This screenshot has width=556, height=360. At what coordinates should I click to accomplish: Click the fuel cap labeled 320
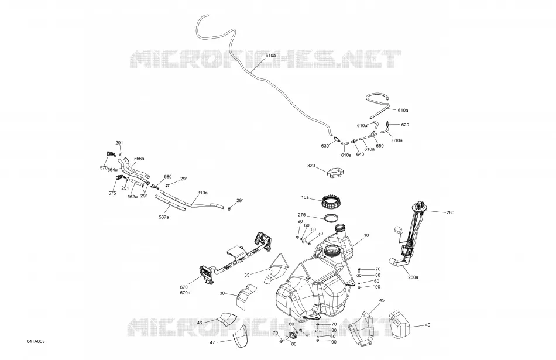tap(335, 173)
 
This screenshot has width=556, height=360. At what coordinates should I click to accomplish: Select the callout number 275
tap(302, 215)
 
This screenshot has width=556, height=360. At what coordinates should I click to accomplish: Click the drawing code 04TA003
tap(36, 341)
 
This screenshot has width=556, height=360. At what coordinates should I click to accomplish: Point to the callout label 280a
tap(413, 277)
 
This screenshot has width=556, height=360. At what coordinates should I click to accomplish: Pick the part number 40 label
tap(428, 325)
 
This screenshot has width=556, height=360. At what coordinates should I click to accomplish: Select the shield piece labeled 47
tap(240, 335)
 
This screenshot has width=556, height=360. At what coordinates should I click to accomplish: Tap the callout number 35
tap(247, 275)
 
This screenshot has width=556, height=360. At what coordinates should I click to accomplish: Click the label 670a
tap(185, 293)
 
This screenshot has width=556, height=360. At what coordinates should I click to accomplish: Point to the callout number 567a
tap(164, 217)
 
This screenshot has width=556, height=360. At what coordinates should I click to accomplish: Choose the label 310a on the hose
tap(203, 193)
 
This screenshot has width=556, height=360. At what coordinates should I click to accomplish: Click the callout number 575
tap(112, 193)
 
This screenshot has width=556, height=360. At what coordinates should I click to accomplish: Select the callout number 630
tap(325, 146)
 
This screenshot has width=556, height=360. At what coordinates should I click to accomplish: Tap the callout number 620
tap(405, 125)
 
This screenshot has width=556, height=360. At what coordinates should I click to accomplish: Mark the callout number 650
tap(380, 146)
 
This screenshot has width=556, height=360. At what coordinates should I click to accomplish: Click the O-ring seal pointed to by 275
tap(331, 218)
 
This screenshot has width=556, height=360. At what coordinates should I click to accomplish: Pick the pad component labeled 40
tap(399, 324)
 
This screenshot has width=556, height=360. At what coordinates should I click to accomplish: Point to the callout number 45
tap(382, 300)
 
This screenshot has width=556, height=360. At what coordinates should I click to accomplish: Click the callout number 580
tap(168, 177)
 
